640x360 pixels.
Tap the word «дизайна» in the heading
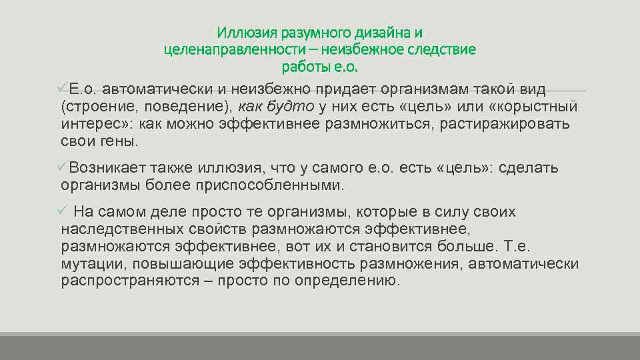pyautogui.click(x=373, y=33)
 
